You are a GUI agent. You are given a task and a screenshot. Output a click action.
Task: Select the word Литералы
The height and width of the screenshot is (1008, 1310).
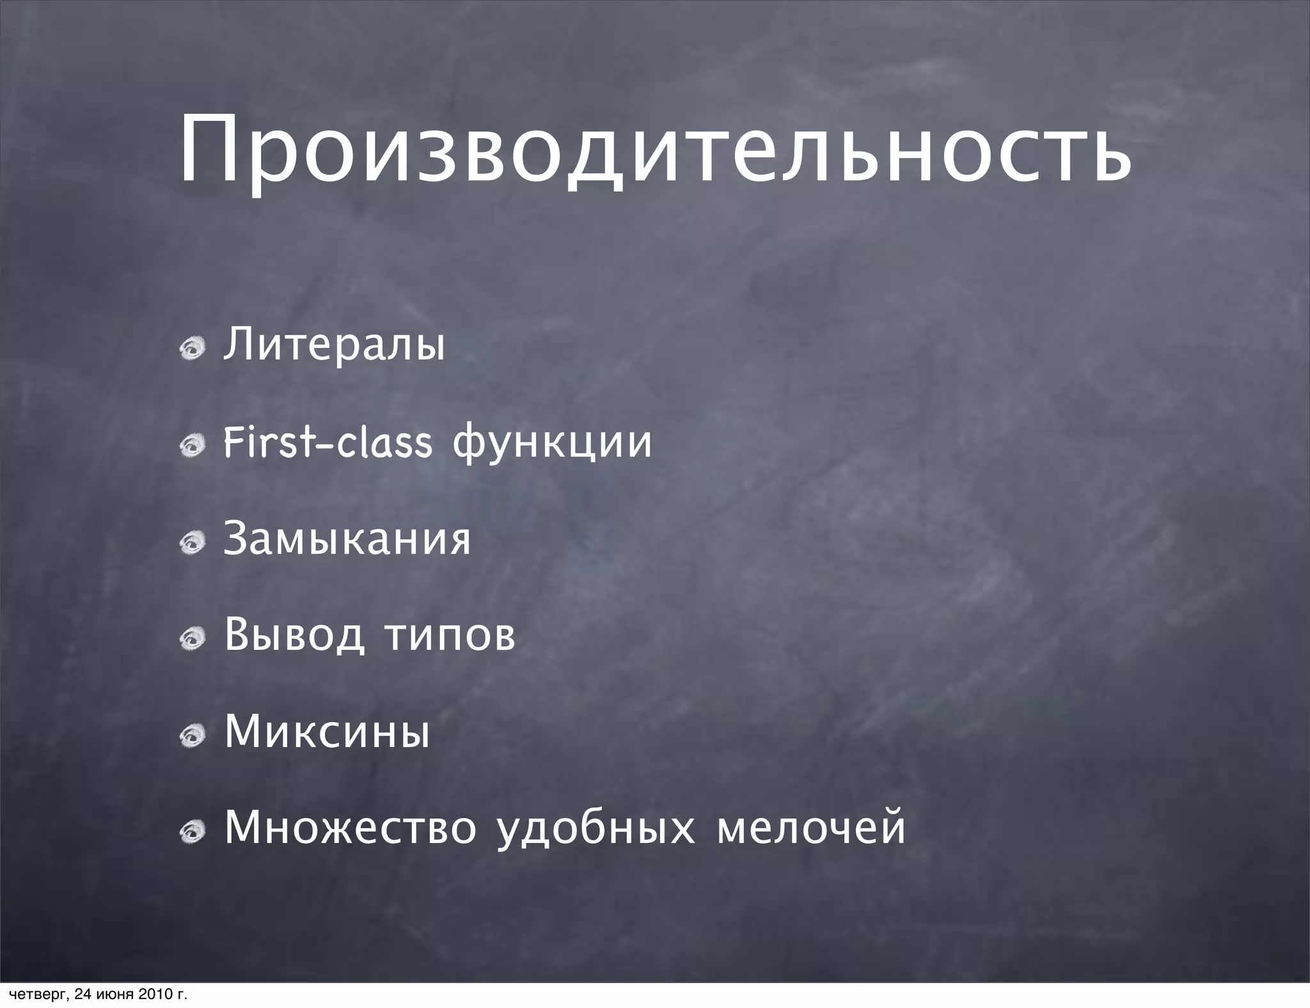(x=333, y=345)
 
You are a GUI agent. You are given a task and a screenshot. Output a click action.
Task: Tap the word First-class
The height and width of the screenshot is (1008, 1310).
(x=327, y=442)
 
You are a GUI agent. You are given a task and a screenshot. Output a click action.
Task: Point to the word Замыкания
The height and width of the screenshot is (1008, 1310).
(x=347, y=539)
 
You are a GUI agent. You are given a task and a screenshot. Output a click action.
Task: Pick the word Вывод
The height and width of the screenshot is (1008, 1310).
(x=294, y=635)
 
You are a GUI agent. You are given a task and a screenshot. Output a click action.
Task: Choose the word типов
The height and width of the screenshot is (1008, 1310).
(x=450, y=636)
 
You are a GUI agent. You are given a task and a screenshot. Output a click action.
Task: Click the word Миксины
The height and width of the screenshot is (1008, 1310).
(x=327, y=732)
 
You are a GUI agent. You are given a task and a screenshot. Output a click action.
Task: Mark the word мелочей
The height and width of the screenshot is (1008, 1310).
(x=811, y=828)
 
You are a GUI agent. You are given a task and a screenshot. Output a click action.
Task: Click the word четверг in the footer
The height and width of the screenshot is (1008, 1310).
(x=34, y=995)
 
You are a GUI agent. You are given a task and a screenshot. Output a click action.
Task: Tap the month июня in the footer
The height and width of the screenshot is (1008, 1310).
(x=115, y=995)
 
